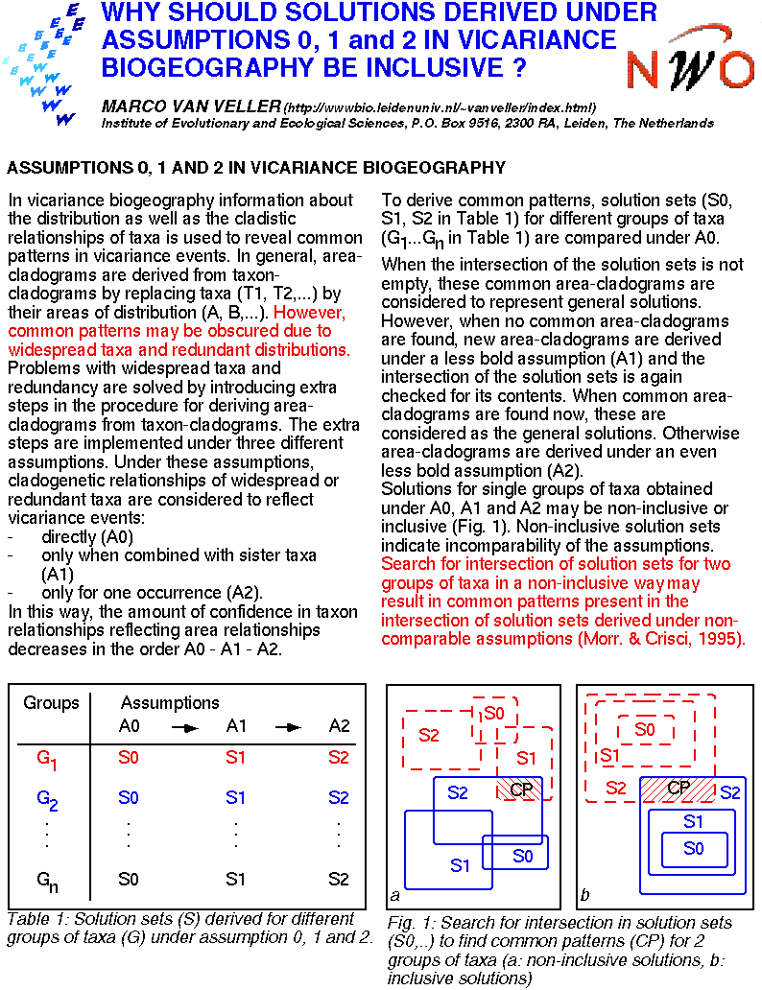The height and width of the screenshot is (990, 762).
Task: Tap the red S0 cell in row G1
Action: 129,758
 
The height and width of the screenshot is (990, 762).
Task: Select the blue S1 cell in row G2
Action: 235,797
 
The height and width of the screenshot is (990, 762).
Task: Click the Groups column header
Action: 51,703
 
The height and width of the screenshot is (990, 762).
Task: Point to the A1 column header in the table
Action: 236,727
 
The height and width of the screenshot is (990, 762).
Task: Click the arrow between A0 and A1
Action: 183,727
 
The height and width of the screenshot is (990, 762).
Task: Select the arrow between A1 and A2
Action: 288,727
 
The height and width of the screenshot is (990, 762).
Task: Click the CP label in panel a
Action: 521,789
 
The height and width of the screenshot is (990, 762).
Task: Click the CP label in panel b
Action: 679,788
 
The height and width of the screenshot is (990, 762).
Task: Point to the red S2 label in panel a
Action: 429,735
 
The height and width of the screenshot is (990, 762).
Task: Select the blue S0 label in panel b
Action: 693,848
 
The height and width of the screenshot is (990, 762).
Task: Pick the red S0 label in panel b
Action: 645,730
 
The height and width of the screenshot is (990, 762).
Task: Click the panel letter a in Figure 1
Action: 395,896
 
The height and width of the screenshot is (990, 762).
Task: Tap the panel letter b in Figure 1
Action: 585,896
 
